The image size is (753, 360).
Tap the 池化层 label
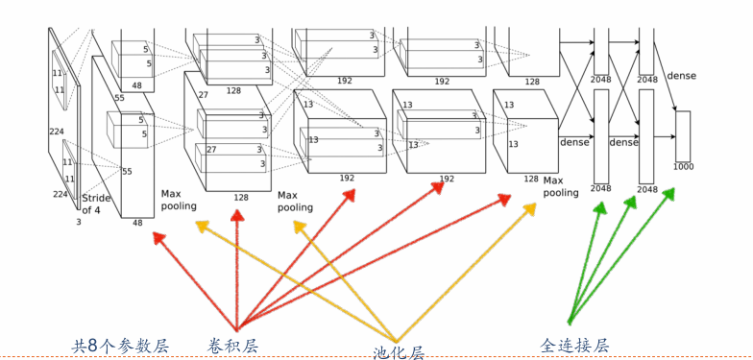(x=399, y=352)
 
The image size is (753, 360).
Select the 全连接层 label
(x=574, y=345)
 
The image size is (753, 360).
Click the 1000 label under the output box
(x=683, y=167)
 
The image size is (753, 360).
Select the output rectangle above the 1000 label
(x=683, y=135)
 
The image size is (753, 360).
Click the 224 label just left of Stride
(x=61, y=194)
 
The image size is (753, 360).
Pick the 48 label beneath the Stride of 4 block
(x=137, y=223)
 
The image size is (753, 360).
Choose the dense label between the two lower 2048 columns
(x=623, y=142)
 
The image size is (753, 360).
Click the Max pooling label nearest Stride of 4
(x=179, y=200)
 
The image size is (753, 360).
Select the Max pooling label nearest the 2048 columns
(x=561, y=186)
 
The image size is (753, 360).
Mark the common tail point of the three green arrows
(x=570, y=322)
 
